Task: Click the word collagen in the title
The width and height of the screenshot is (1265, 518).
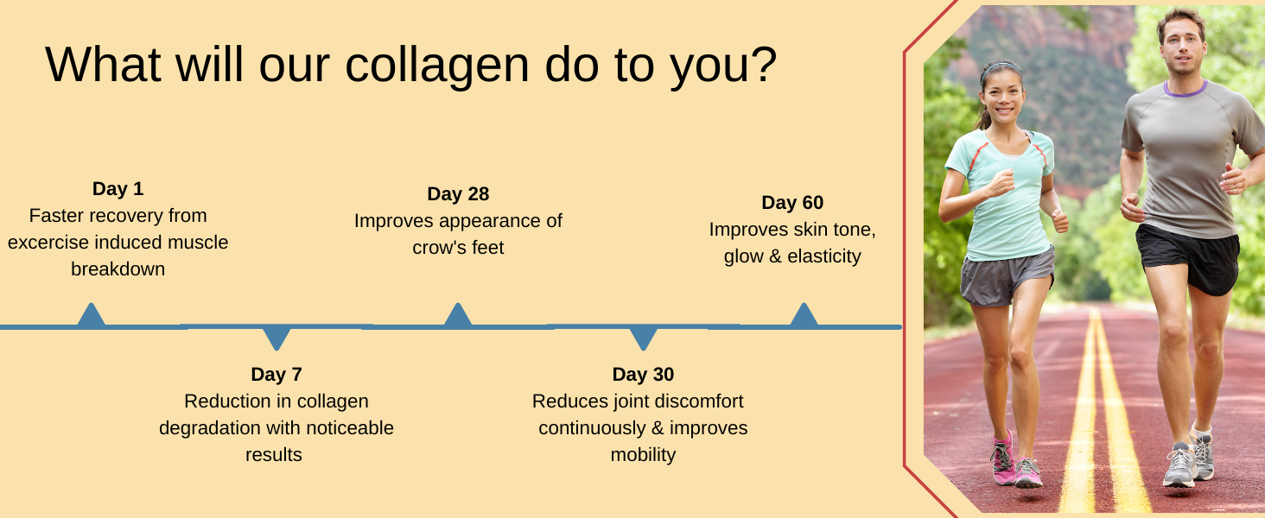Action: click(437, 66)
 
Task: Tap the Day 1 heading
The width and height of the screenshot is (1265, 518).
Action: click(118, 188)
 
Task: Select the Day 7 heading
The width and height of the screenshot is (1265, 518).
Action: click(277, 374)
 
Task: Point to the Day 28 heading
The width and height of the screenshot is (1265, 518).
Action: click(458, 193)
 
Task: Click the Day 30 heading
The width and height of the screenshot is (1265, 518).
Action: click(643, 374)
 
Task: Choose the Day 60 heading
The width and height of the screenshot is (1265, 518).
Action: click(792, 202)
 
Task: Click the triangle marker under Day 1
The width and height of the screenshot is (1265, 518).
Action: click(91, 315)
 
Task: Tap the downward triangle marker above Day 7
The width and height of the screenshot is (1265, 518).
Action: click(277, 338)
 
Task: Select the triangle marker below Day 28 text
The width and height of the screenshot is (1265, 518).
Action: click(457, 315)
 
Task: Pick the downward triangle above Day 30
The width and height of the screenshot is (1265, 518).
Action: click(643, 338)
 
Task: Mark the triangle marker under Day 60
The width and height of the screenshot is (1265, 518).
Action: click(804, 315)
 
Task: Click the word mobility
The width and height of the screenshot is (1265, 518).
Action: click(643, 454)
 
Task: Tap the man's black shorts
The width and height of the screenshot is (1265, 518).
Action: click(1187, 258)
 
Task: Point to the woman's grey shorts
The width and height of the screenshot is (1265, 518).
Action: click(1006, 278)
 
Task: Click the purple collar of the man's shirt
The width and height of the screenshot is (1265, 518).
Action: click(1185, 90)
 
